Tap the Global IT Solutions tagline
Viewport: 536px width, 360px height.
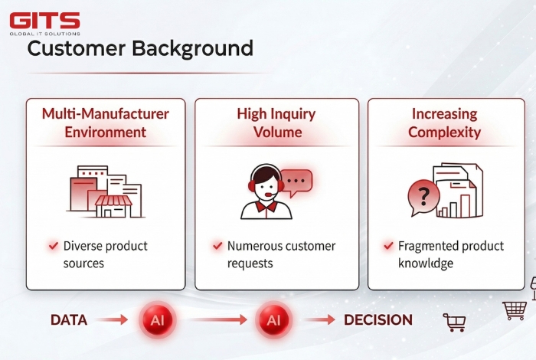click(44, 33)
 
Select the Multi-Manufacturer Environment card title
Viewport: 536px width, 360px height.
click(105, 123)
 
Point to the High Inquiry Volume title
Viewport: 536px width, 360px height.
click(276, 123)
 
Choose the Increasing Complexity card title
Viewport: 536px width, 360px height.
click(444, 123)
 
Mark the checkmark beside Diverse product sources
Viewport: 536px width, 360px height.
click(53, 246)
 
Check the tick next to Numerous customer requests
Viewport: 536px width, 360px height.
click(217, 246)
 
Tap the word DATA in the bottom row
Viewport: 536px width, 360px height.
click(68, 320)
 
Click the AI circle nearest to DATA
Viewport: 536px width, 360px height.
click(157, 320)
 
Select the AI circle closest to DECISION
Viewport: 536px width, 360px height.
click(273, 320)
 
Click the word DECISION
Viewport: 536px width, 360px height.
click(377, 320)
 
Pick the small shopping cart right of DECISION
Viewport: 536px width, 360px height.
click(454, 322)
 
